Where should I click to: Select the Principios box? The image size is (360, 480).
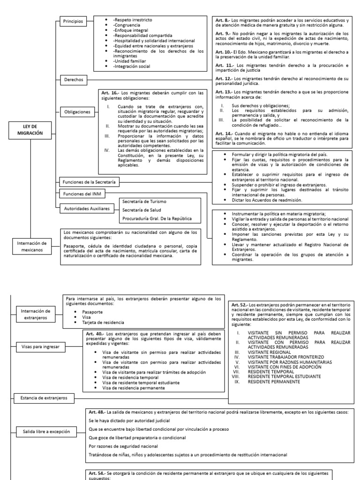[x=73, y=22]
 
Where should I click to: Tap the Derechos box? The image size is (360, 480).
[x=73, y=80]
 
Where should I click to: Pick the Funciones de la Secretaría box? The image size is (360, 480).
[x=89, y=181]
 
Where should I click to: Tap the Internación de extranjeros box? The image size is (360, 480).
[x=36, y=315]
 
